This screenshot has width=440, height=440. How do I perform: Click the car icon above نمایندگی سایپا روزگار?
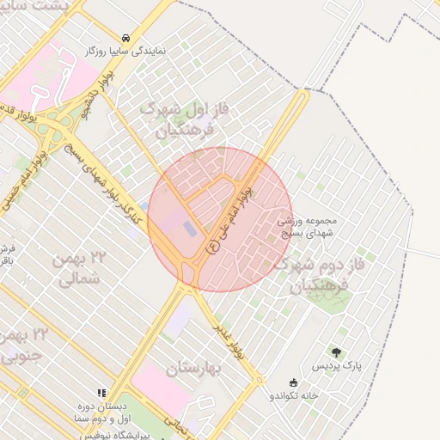126,39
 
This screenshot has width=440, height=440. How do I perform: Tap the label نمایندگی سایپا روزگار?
126,52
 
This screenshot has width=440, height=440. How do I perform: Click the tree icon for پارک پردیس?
336,352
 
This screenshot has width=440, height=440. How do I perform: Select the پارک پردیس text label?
336,367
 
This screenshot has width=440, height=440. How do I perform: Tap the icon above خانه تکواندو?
295,382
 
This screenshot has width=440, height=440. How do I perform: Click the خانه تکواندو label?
295,396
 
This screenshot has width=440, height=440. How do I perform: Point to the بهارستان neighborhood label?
193,370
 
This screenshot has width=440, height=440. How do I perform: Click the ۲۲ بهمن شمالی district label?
82,268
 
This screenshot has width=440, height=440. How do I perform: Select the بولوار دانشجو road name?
87,101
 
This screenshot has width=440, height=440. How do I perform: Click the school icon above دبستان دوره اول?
102,392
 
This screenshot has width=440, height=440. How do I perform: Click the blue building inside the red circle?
189,229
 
